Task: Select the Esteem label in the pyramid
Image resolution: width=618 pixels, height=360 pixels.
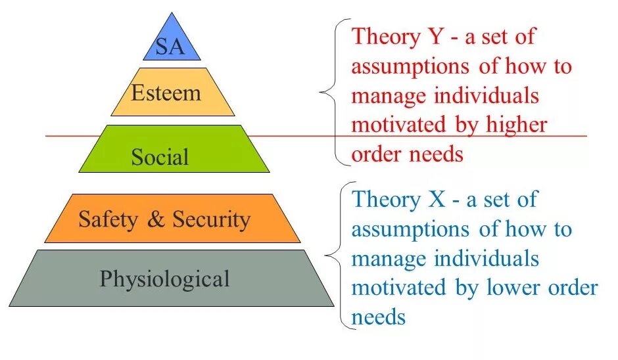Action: coord(166,93)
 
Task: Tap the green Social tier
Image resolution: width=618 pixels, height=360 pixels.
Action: coord(160,157)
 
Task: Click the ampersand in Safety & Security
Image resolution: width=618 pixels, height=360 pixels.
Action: coord(156,219)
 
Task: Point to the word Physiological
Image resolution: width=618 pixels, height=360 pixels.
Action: coord(164,279)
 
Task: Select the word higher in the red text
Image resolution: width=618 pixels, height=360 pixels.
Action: coord(518,125)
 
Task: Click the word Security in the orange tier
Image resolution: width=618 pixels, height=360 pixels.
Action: coord(211,219)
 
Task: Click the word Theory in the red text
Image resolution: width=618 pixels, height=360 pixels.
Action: coord(381,37)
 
